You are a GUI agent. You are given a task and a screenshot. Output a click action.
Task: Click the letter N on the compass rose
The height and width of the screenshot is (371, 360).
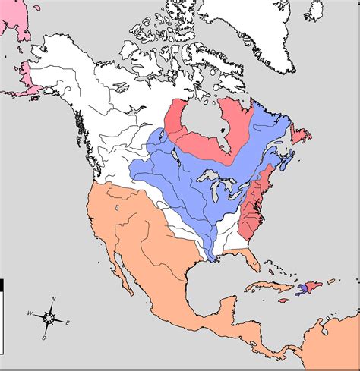coord(53,299)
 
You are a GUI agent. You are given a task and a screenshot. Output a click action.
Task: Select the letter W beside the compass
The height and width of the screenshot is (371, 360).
coord(30,313)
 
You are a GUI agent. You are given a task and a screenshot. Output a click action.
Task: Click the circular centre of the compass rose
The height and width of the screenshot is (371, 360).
coord(49,317)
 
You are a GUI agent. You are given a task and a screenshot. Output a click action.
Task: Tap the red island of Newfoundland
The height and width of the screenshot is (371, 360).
coord(300,135)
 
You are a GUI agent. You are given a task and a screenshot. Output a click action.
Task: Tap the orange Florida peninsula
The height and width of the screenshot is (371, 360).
coord(253,262)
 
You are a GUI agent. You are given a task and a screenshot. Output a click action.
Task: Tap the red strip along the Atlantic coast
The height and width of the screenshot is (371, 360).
coord(251,205)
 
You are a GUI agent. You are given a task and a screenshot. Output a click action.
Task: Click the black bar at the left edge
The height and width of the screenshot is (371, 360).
coord(2,285)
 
